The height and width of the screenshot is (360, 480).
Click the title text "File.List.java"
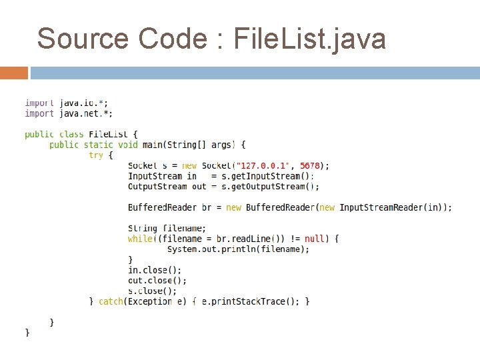point(310,39)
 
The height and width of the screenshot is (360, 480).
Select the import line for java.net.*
point(69,113)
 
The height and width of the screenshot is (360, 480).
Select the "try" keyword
point(96,155)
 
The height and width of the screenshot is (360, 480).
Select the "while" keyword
point(139,239)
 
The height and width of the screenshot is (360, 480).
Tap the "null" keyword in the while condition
point(315,239)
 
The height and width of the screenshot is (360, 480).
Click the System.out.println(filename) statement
point(238,249)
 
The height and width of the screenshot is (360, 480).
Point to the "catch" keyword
point(111,301)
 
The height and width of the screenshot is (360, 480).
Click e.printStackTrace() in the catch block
point(250,301)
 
